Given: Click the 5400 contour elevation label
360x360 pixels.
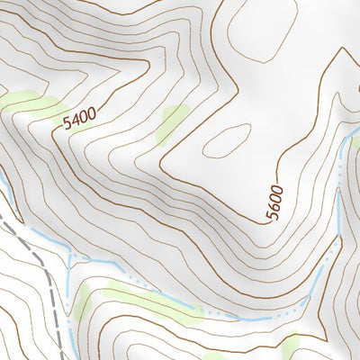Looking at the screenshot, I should click(x=80, y=118).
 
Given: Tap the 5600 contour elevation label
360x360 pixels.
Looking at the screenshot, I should click(x=274, y=202).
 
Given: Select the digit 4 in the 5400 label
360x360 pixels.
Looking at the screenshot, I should click(x=76, y=121).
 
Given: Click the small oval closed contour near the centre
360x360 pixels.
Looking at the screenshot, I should click(x=225, y=139).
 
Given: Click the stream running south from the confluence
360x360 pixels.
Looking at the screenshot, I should click(x=69, y=306).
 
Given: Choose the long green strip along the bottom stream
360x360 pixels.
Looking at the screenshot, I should click(x=153, y=301).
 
